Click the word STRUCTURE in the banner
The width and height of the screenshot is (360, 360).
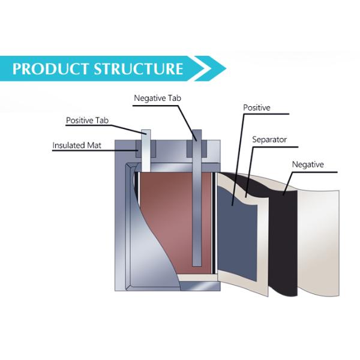point(138,68)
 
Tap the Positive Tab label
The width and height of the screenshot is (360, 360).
point(88,121)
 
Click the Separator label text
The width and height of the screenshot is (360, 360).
point(269,140)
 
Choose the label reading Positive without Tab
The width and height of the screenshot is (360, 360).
point(256,108)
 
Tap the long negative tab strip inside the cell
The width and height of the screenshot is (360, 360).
point(196,216)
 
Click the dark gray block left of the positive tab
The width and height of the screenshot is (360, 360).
point(133,148)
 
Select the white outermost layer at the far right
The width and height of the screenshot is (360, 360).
point(321,240)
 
